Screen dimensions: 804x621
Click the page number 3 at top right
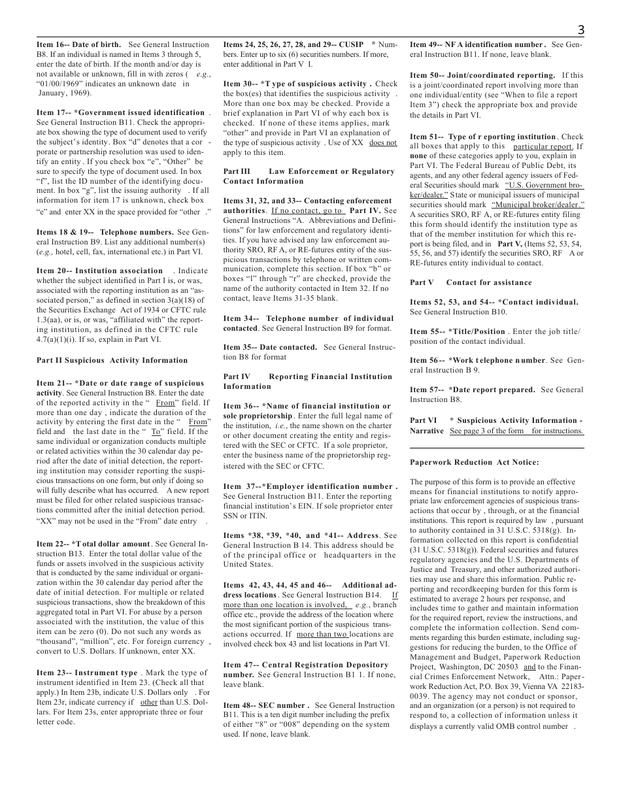[580, 30]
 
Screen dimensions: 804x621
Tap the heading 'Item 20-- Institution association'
[99, 271]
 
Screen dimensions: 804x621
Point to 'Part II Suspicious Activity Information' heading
[112, 360]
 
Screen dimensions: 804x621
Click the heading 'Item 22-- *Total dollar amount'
[93, 544]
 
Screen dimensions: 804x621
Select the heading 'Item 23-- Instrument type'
[87, 673]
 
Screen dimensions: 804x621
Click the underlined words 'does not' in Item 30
[382, 142]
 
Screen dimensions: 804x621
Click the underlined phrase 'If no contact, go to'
[307, 211]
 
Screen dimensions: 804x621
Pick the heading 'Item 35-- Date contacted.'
[270, 347]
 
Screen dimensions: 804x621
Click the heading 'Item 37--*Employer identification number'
[309, 486]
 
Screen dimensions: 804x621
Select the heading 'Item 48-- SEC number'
[265, 705]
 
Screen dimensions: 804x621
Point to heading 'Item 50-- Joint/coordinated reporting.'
[482, 75]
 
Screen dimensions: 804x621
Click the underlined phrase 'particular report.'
[543, 146]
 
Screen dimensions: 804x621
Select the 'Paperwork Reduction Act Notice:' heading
[475, 462]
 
